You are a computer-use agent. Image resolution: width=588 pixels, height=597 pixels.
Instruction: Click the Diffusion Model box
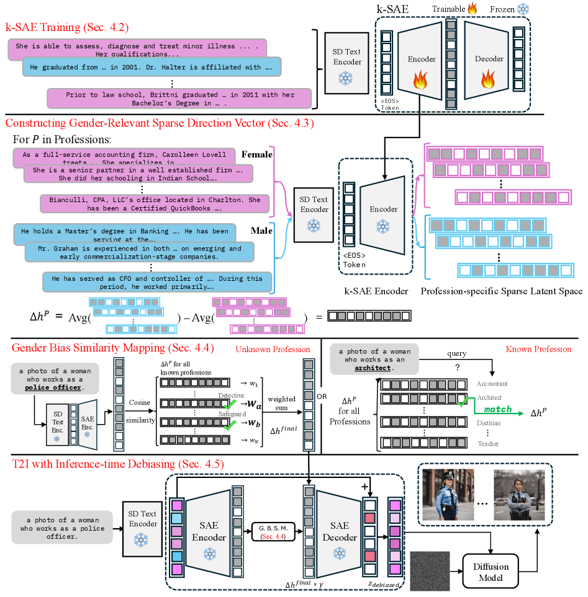pyautogui.click(x=491, y=572)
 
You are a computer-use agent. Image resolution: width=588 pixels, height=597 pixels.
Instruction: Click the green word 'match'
pyautogui.click(x=497, y=410)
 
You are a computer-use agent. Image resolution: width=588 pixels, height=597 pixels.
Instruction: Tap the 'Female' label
pyautogui.click(x=258, y=154)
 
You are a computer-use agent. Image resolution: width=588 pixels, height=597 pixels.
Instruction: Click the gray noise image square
pyautogui.click(x=432, y=571)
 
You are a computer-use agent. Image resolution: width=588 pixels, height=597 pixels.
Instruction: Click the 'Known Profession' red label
pyautogui.click(x=539, y=349)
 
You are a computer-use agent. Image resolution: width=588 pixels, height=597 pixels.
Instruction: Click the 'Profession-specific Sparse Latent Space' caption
pyautogui.click(x=501, y=291)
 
